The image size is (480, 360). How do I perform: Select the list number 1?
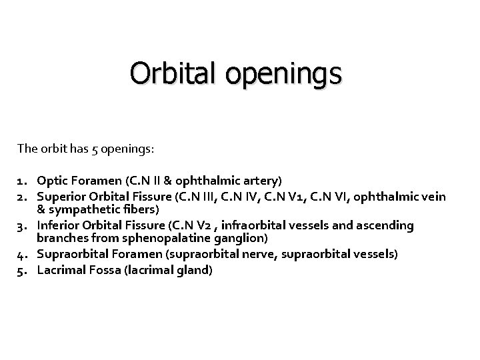pyautogui.click(x=21, y=180)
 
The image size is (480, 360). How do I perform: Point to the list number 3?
pyautogui.click(x=21, y=226)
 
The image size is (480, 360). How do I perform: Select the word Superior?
pyautogui.click(x=61, y=195)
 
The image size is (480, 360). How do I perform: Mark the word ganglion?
pyautogui.click(x=243, y=238)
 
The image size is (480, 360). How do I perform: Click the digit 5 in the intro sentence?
pyautogui.click(x=92, y=148)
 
